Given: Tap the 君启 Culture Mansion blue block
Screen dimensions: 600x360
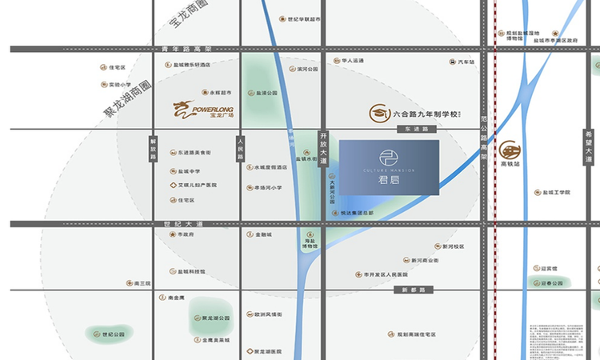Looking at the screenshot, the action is click(x=389, y=166).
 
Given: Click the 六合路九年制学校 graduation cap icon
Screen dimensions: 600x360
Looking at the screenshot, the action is click(x=378, y=114).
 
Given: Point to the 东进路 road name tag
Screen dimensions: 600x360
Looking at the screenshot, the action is click(x=417, y=129).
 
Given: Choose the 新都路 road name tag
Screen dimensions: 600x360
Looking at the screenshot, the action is click(x=415, y=290).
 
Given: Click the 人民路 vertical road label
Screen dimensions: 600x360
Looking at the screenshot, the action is click(x=239, y=150).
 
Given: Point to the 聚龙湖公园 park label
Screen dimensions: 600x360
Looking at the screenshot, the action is click(x=215, y=318).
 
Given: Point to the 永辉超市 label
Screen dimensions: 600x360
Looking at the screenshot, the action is click(x=220, y=93).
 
